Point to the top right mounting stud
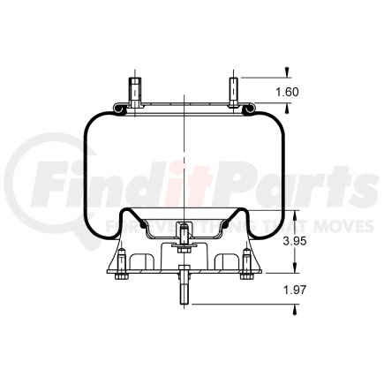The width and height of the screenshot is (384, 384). tap(232, 91)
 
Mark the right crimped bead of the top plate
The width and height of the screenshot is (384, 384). tap(251, 109)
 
